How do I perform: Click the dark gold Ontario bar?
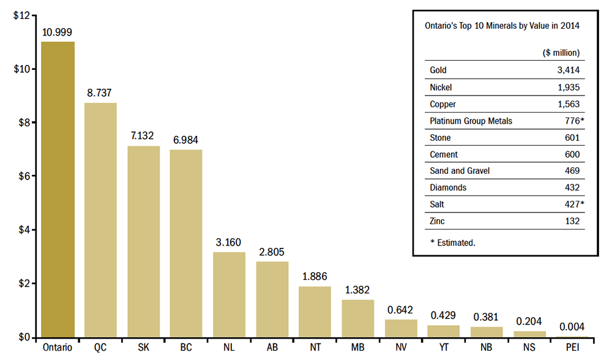58,190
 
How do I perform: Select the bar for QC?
100,220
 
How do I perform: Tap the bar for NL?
229,294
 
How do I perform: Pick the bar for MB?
357,318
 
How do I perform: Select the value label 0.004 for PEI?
572,326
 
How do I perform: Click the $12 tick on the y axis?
21,15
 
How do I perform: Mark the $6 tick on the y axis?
23,176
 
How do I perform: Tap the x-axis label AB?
272,348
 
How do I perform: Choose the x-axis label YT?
444,348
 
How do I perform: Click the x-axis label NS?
529,348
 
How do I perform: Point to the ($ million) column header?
561,53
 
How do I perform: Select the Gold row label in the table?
438,70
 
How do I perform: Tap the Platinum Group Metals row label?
471,121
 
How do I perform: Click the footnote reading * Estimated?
452,242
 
